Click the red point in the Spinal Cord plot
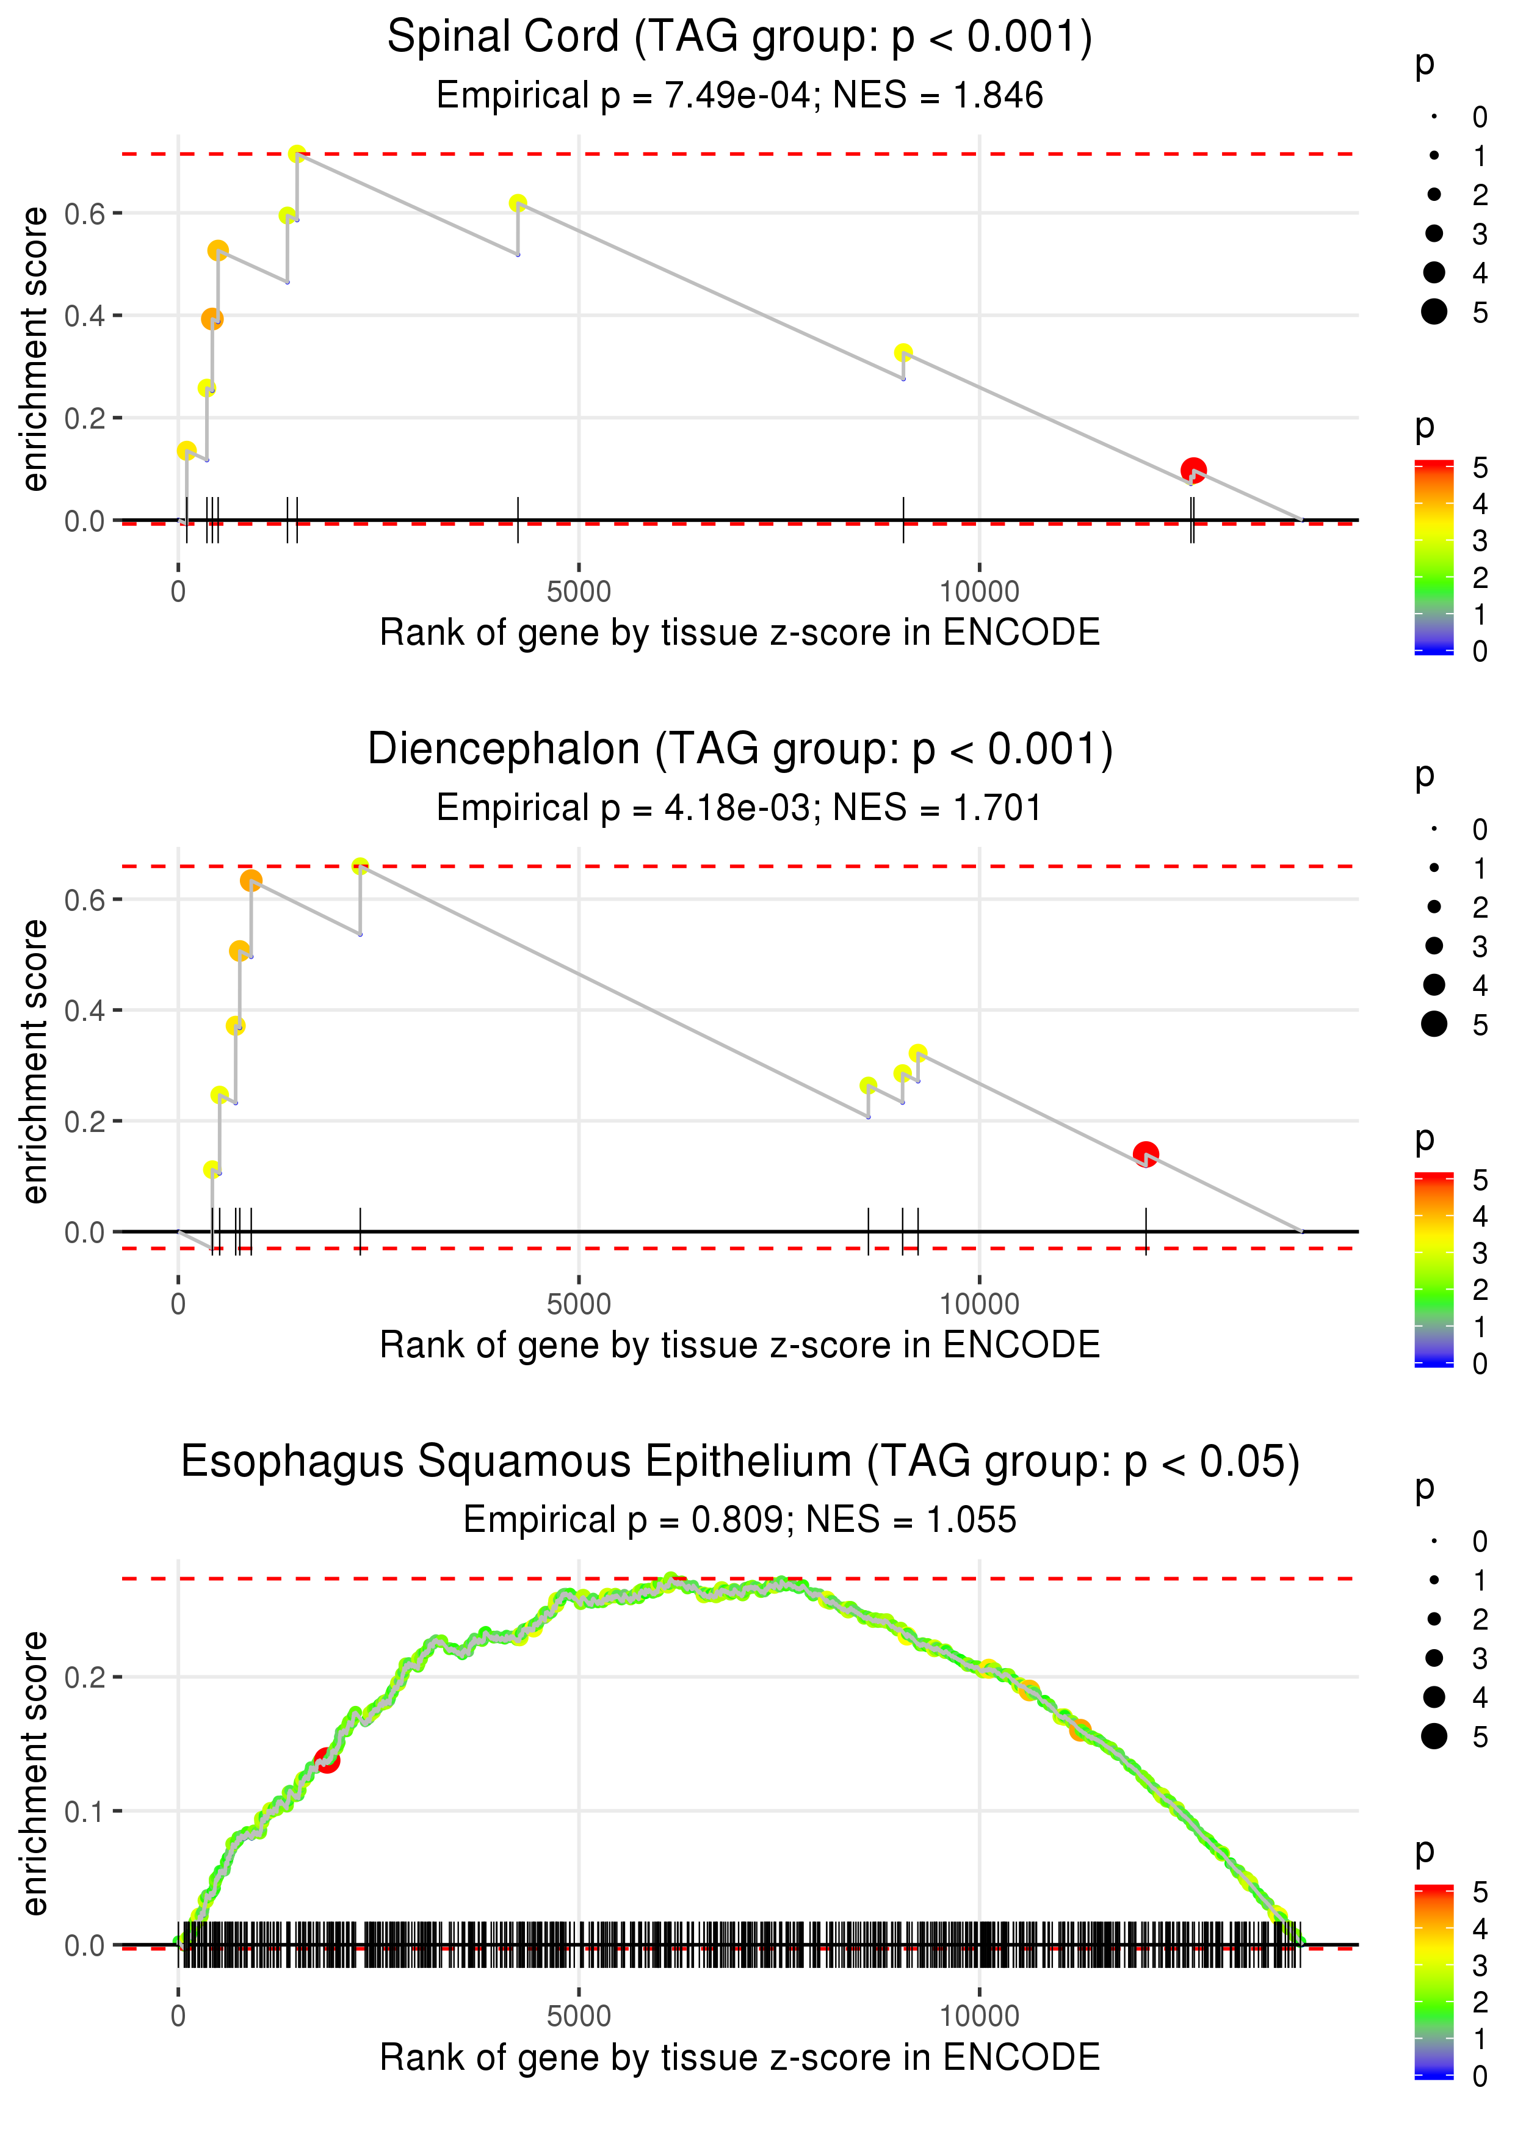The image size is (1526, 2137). pyautogui.click(x=1193, y=470)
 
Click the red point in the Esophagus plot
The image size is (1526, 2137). pyautogui.click(x=327, y=1760)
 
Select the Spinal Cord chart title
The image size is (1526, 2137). pyautogui.click(x=740, y=38)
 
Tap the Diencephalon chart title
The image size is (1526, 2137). pyautogui.click(x=740, y=750)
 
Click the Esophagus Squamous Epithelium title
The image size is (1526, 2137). pyautogui.click(x=740, y=1462)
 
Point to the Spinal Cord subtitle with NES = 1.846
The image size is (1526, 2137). pyautogui.click(x=740, y=96)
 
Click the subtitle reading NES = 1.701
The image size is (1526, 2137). pyautogui.click(x=740, y=808)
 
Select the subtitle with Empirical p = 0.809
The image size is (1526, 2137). pyautogui.click(x=740, y=1520)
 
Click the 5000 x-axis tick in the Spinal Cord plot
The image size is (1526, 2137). pyautogui.click(x=579, y=592)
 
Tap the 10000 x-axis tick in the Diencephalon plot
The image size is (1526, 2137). pyautogui.click(x=979, y=1304)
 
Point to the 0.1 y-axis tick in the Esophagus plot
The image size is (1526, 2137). pyautogui.click(x=85, y=1811)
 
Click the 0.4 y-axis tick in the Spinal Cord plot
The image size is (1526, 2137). pyautogui.click(x=85, y=316)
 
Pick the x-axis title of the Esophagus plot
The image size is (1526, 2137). pyautogui.click(x=740, y=2058)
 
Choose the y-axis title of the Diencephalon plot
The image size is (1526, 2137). pyautogui.click(x=35, y=1061)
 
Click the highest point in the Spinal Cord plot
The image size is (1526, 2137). pyautogui.click(x=297, y=153)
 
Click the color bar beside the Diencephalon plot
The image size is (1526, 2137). pyautogui.click(x=1433, y=1269)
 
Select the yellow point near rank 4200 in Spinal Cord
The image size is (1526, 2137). pyautogui.click(x=518, y=203)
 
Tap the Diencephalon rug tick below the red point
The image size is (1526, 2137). pyautogui.click(x=1146, y=1231)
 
